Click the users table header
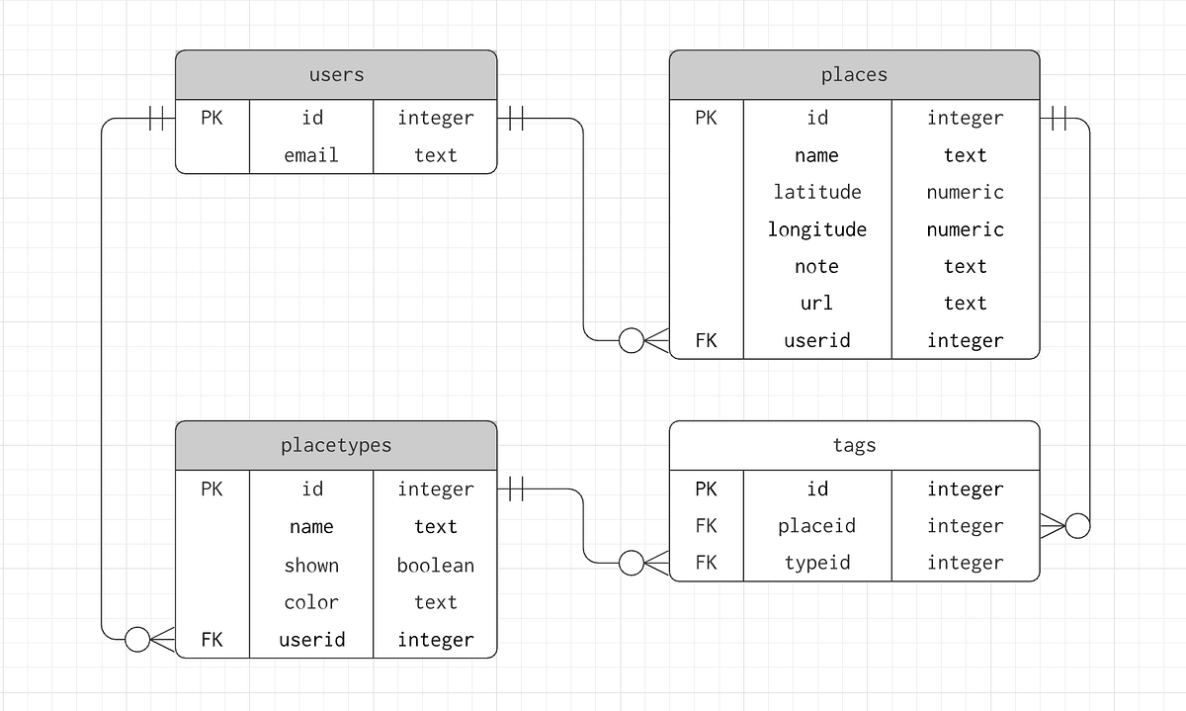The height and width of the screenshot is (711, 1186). (x=336, y=75)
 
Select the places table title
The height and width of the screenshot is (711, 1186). (x=854, y=75)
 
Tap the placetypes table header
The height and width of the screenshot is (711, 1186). (x=336, y=446)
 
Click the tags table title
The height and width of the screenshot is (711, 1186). (x=854, y=446)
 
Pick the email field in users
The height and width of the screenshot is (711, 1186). (x=311, y=155)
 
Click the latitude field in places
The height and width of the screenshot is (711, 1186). (x=816, y=192)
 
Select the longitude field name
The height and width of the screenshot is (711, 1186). (x=816, y=229)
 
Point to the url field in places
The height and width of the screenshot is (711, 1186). (x=816, y=304)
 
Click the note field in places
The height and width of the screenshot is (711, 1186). (x=816, y=266)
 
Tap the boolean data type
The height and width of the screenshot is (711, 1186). (x=435, y=566)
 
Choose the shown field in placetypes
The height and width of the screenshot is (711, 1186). (x=311, y=566)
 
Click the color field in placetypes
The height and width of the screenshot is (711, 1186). (x=311, y=602)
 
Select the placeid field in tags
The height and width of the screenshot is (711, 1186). (x=816, y=526)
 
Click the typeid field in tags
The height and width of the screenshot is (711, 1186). (x=816, y=563)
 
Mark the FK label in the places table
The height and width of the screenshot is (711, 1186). (x=706, y=340)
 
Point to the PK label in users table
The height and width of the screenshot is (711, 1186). (x=212, y=118)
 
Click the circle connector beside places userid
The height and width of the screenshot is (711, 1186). (x=631, y=340)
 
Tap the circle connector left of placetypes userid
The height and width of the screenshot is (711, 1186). (x=137, y=640)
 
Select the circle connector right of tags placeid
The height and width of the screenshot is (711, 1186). (x=1077, y=526)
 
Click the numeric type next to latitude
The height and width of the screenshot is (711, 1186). (x=965, y=192)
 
